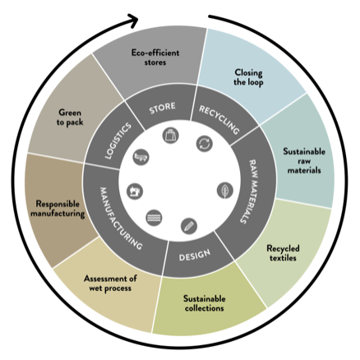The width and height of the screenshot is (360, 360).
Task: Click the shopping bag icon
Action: point(171,136)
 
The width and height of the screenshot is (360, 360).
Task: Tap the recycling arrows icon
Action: point(205,144)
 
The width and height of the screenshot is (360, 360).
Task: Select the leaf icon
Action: point(225,191)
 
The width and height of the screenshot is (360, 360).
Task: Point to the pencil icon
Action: point(189,226)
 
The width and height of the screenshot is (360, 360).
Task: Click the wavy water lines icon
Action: point(154,218)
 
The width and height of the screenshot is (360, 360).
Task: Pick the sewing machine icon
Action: point(135,192)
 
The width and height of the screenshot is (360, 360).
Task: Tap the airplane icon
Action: point(141,157)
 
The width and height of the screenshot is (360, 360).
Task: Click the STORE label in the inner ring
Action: point(162,108)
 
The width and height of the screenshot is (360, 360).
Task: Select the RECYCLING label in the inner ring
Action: point(219,119)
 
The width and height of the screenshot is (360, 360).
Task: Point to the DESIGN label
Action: point(195,255)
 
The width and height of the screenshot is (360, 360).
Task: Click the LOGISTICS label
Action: point(118,141)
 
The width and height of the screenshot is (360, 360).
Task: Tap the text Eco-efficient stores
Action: point(155,58)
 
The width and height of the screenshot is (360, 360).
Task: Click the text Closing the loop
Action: point(248,77)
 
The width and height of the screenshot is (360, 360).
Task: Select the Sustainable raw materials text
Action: point(304,161)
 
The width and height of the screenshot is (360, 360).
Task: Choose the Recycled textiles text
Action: point(283,253)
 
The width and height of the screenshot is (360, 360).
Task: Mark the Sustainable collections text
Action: point(205,303)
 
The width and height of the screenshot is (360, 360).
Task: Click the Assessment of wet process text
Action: point(110,284)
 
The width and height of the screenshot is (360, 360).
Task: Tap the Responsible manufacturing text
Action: point(58,209)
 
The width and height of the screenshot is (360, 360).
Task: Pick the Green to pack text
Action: point(70,118)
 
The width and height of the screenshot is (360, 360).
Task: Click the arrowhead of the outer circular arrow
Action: point(134,21)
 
